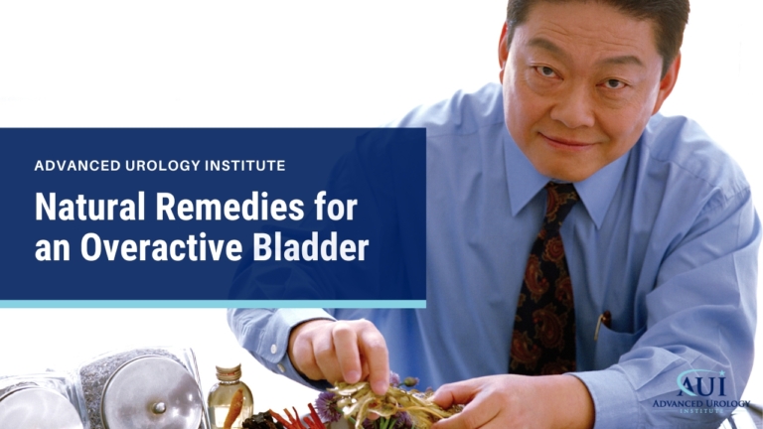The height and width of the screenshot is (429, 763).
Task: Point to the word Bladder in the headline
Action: pyautogui.click(x=315, y=248)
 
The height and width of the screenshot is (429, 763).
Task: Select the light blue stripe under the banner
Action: pyautogui.click(x=213, y=304)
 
